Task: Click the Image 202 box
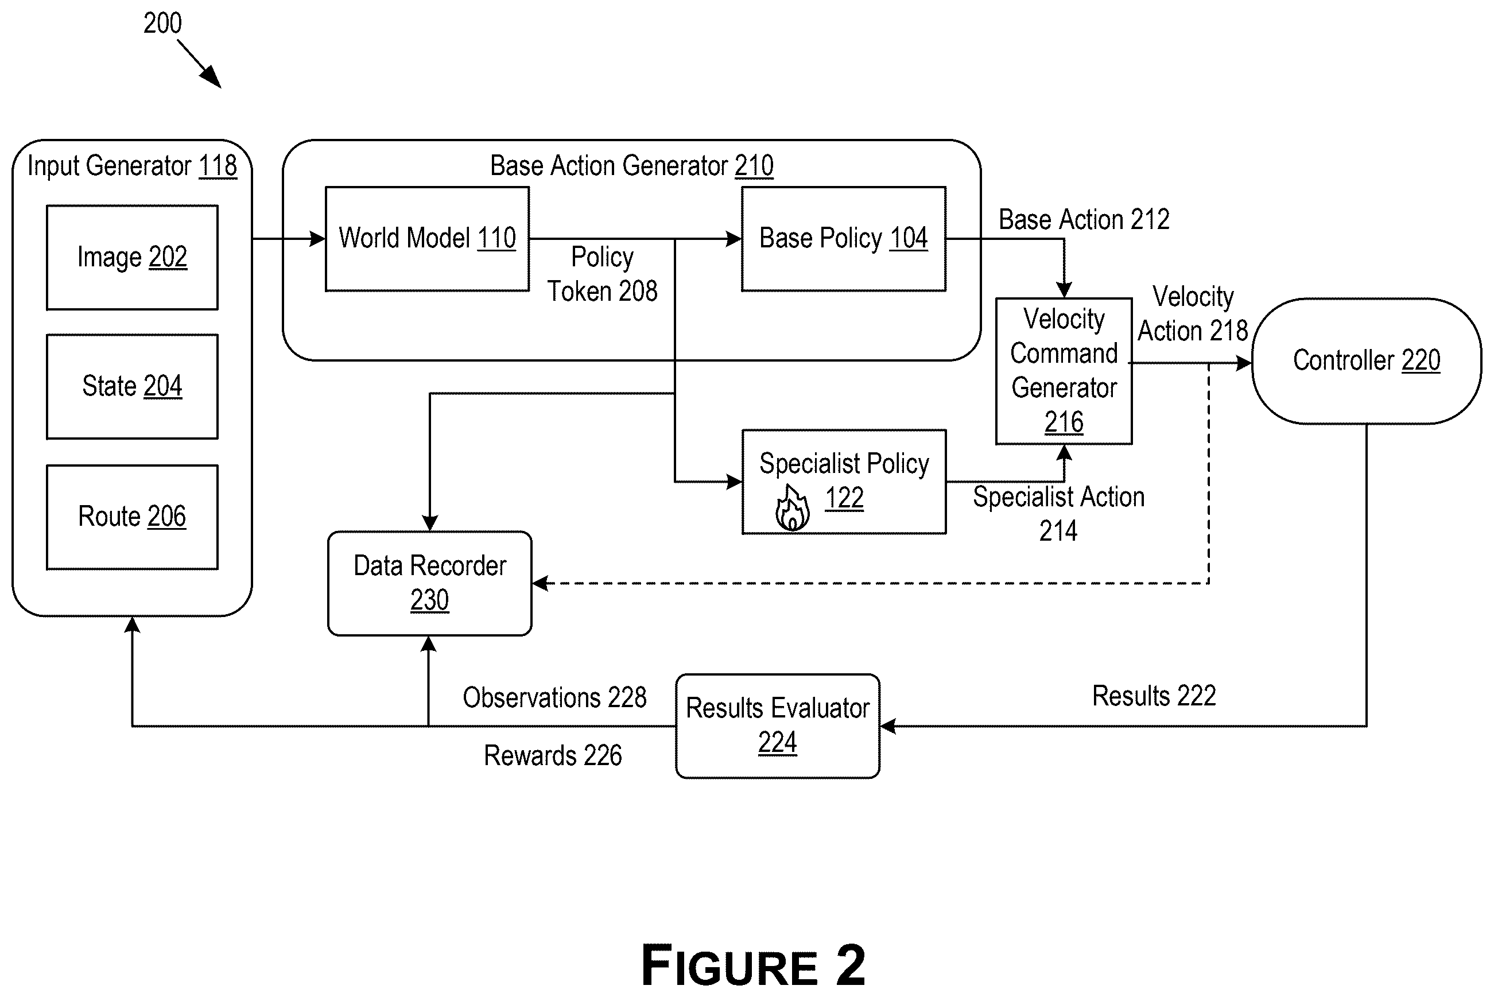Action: (x=132, y=258)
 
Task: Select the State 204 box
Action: (x=132, y=387)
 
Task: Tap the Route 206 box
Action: (x=132, y=517)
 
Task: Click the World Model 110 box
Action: (x=427, y=239)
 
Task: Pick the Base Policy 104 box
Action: (x=844, y=239)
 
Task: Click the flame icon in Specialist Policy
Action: (x=792, y=508)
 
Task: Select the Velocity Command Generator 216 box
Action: (x=1064, y=371)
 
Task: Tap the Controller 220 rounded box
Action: (x=1366, y=361)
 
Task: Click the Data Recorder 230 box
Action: (x=430, y=583)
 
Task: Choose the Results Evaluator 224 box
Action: (x=778, y=726)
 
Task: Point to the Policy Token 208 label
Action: (x=602, y=274)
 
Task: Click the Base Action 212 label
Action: (x=1084, y=219)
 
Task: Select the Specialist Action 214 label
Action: (x=1058, y=514)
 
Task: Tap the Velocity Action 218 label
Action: (x=1193, y=313)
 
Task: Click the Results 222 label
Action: (x=1154, y=696)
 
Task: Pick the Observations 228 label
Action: (x=554, y=697)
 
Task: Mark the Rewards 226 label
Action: (x=553, y=755)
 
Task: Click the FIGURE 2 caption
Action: (x=754, y=965)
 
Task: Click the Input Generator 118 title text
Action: (x=132, y=166)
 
